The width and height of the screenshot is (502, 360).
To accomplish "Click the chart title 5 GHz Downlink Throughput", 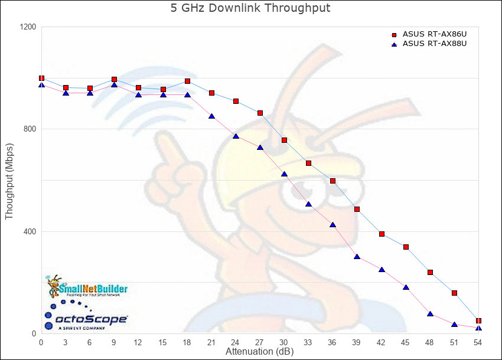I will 251,9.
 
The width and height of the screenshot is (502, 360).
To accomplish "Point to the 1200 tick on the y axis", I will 27,27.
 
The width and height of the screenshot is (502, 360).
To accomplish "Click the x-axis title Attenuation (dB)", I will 259,352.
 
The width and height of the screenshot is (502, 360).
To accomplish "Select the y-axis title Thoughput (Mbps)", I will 9,181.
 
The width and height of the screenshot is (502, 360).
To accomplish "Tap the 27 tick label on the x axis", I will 260,342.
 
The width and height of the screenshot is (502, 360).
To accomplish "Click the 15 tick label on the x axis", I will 162,342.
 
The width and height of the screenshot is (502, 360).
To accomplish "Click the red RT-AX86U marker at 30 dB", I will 284,140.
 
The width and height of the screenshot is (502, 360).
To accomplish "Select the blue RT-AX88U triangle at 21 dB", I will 211,116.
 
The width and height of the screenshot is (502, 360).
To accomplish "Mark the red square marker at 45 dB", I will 406,247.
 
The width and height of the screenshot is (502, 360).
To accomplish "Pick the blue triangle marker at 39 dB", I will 357,257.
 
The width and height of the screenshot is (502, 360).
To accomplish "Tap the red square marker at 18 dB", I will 187,81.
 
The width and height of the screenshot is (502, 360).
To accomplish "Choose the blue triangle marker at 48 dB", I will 430,314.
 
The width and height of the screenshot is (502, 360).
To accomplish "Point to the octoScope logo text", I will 92,319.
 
